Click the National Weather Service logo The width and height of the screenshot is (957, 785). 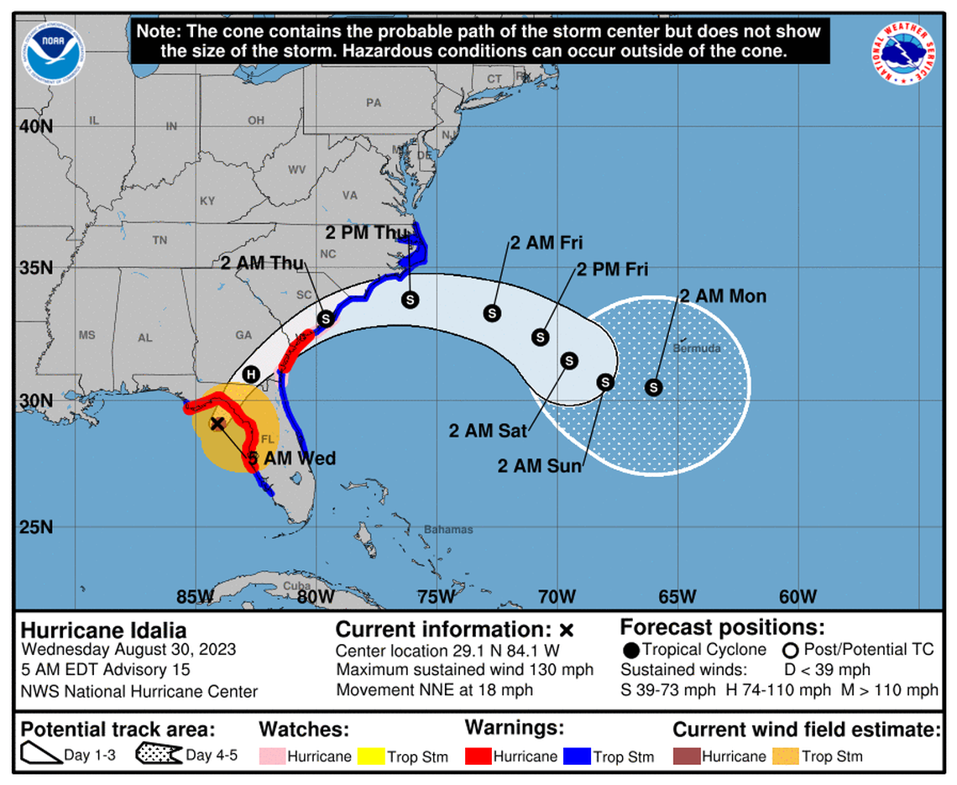point(903,53)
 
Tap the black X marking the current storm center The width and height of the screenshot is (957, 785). point(217,424)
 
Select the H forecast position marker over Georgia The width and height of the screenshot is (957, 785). point(250,374)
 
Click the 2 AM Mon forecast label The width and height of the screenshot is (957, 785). point(722,296)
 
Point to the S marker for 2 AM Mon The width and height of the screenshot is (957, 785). point(653,387)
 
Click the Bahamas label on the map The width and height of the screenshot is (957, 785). point(448,530)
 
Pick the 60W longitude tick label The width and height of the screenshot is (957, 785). point(797,597)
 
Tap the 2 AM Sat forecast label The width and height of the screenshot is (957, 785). point(488,431)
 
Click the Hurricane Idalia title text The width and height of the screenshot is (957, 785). point(103,631)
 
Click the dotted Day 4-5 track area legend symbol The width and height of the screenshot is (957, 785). point(159,755)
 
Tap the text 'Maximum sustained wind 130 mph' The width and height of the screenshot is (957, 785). point(464,670)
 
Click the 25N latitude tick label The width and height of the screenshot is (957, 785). point(36,527)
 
